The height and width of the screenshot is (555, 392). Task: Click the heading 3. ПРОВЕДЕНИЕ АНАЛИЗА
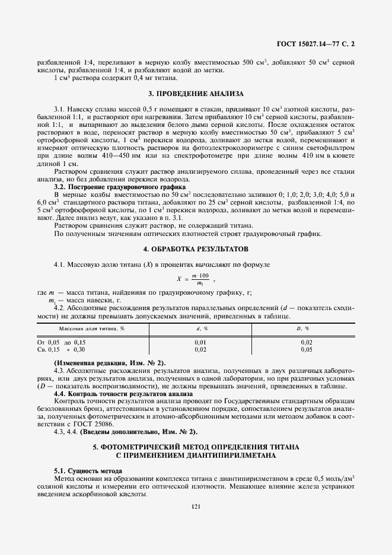[x=195, y=94]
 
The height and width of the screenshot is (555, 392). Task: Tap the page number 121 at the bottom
[x=196, y=506]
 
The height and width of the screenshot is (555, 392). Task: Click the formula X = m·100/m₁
[x=195, y=279]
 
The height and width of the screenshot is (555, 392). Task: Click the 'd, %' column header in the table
[x=201, y=328]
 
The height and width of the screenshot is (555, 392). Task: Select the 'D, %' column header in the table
[x=307, y=328]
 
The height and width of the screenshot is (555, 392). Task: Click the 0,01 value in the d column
[x=201, y=342]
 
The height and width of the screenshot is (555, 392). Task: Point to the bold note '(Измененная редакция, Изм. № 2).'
[x=110, y=362]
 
